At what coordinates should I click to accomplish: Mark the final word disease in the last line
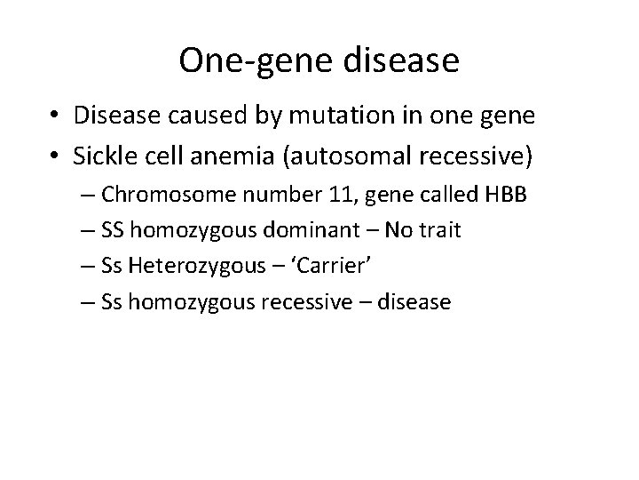415,302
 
